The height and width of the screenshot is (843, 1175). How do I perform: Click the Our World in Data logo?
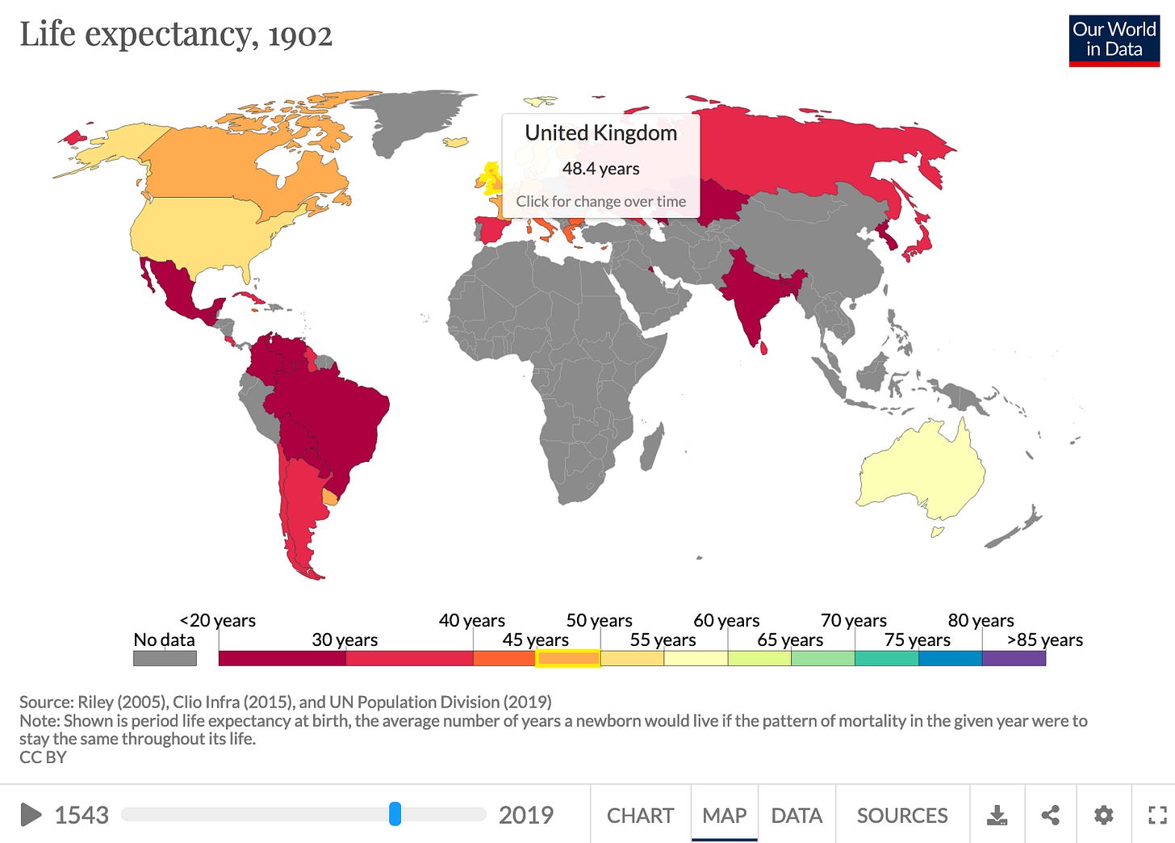click(1114, 40)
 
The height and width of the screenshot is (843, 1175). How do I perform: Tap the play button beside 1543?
click(31, 815)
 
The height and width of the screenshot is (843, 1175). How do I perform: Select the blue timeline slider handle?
click(395, 814)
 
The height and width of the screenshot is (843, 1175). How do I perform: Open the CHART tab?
click(640, 816)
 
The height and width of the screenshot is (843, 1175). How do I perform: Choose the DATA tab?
click(796, 816)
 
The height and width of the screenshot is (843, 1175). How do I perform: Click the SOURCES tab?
click(901, 816)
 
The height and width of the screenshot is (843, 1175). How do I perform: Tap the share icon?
click(1050, 816)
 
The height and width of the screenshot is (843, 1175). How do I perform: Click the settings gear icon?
click(1103, 816)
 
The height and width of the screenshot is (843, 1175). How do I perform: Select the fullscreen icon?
click(1157, 816)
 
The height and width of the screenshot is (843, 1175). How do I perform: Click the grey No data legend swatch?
click(165, 659)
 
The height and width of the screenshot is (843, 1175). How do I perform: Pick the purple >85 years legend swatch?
click(1014, 659)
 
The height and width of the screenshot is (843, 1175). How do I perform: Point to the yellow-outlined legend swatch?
click(567, 659)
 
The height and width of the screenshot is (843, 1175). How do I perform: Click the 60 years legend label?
click(726, 621)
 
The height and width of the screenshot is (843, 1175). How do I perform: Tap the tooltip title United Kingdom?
click(600, 133)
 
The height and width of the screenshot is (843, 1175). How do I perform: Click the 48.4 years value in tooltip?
click(600, 169)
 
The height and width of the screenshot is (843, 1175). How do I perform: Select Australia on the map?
click(920, 472)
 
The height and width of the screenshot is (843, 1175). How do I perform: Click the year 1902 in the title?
click(300, 36)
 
